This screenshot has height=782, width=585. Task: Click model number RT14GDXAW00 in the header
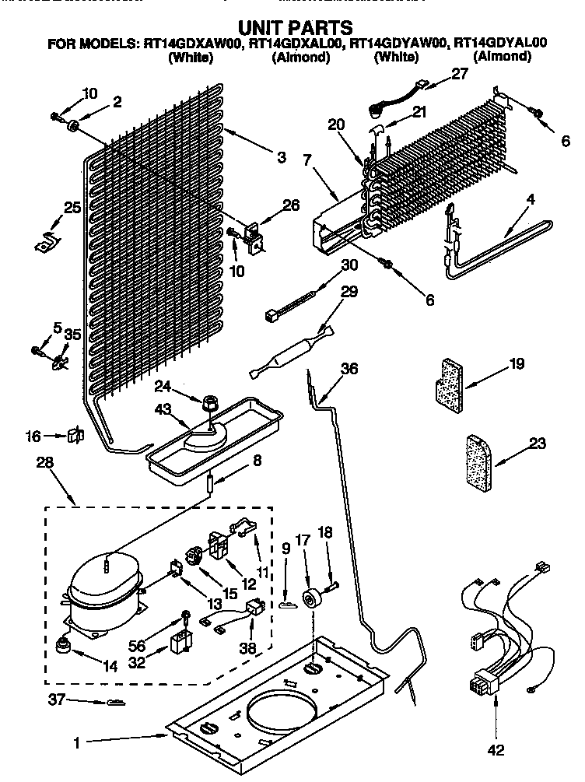tap(194, 44)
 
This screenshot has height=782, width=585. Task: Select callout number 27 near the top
tap(461, 75)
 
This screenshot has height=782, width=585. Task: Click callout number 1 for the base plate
tap(76, 743)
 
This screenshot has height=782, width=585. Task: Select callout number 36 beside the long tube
tap(349, 369)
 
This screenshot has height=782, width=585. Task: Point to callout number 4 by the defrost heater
tap(530, 199)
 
